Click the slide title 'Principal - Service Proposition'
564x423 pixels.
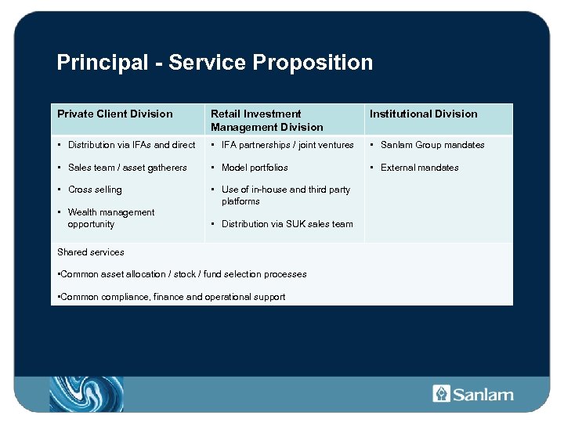tap(215, 63)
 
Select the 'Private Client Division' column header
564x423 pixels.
tap(115, 114)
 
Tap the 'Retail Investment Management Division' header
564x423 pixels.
tap(266, 121)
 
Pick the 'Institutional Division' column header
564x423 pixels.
tap(423, 114)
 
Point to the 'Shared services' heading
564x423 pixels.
tap(91, 252)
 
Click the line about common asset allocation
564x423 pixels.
tap(182, 274)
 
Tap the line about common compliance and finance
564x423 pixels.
tap(172, 297)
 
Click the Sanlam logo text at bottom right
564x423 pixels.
tap(483, 394)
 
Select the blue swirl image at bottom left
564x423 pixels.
tap(86, 393)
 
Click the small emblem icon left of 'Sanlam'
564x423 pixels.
tap(441, 393)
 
